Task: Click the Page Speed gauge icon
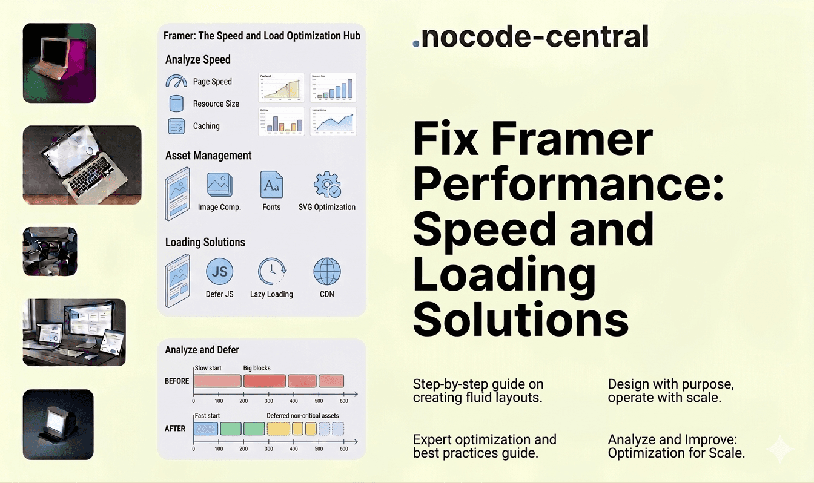176,82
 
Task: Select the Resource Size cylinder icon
176,103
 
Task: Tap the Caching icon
176,126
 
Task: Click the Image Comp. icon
219,184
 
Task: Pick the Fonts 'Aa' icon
271,184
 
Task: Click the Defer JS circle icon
219,272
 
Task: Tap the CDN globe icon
327,272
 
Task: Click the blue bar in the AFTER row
205,429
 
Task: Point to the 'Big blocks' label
257,367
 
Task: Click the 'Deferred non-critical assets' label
303,416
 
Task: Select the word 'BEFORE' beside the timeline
177,381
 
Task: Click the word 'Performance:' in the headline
568,186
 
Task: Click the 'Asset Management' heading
208,156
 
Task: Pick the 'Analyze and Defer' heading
202,350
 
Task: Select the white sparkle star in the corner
779,450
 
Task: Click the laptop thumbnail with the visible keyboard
82,165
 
